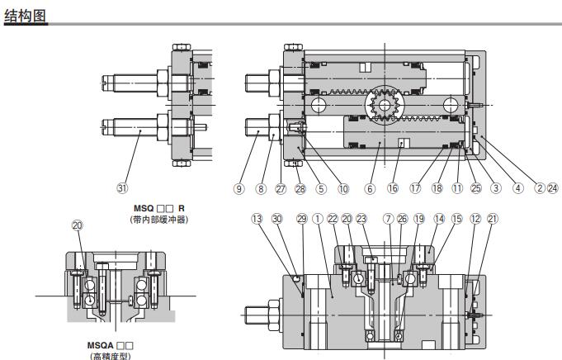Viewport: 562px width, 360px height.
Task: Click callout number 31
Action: coord(123,187)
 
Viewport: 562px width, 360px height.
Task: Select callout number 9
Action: coord(239,187)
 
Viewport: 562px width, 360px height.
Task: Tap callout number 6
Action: coord(370,187)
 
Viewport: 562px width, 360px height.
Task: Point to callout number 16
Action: coord(393,187)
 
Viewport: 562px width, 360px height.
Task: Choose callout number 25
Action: coord(475,187)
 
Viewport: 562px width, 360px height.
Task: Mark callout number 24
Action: coord(552,187)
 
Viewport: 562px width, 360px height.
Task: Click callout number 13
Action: coord(257,219)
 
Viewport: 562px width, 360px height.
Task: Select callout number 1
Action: coord(318,219)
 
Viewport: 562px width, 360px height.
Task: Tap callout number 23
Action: coord(361,219)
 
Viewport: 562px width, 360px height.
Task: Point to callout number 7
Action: coord(387,219)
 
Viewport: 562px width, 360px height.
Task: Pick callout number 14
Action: coord(437,219)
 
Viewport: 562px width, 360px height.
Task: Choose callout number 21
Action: coord(492,219)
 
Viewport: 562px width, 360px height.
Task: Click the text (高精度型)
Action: coord(110,356)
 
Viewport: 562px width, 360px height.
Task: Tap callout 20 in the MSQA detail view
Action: coord(77,225)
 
